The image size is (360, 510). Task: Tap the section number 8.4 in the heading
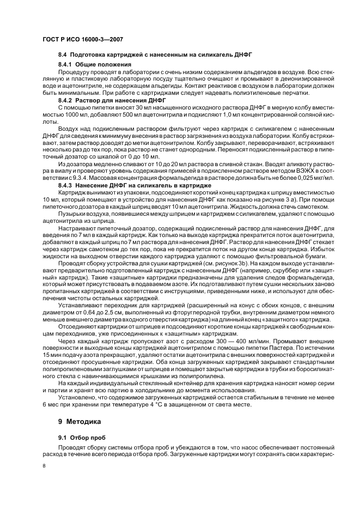(63, 56)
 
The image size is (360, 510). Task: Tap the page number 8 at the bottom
(44, 465)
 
